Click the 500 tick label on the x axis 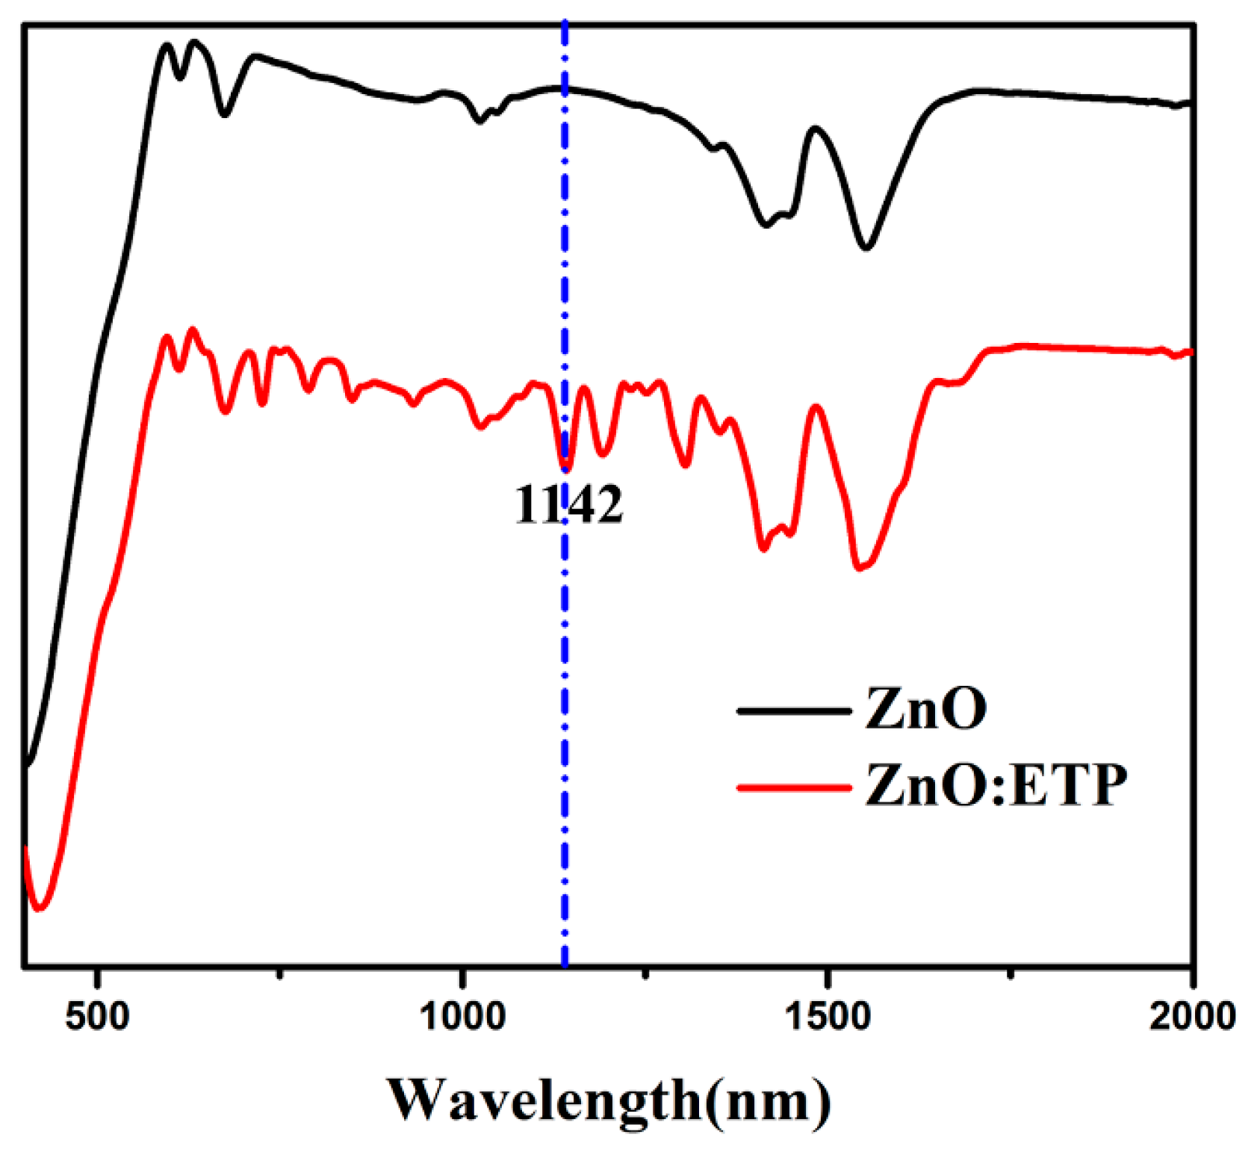pos(97,1017)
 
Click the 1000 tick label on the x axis pos(462,1017)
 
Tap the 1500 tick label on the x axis pos(828,1017)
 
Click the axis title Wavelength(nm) pos(608,1100)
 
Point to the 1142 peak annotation pos(568,506)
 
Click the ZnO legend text pos(925,708)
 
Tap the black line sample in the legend pos(793,710)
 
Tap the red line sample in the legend pos(793,787)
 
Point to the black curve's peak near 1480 pos(814,128)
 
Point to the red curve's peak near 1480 pos(816,407)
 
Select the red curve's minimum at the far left pos(40,908)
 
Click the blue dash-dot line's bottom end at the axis pos(565,964)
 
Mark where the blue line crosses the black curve pos(565,88)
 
